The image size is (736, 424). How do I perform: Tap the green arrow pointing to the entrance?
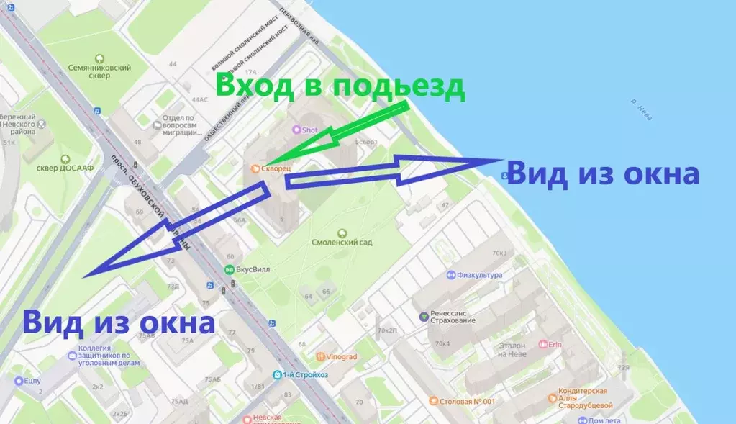(345, 133)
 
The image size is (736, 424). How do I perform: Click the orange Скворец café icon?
(254, 168)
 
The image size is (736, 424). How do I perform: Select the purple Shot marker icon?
(295, 130)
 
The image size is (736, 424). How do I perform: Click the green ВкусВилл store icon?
(230, 270)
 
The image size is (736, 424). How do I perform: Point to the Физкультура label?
(479, 275)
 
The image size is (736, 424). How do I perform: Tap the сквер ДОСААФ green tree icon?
(65, 159)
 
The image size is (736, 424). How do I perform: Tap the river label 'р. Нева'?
(645, 107)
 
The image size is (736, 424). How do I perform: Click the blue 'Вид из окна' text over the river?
(603, 175)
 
